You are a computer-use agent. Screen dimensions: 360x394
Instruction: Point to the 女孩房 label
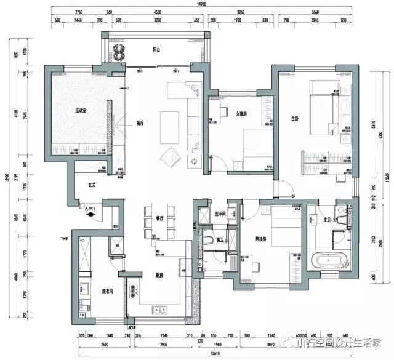coord(241,114)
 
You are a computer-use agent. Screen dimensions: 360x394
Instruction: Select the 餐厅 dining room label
coord(159,217)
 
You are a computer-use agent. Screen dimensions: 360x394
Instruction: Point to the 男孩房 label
coord(270,239)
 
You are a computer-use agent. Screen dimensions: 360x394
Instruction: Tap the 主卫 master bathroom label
coord(312,219)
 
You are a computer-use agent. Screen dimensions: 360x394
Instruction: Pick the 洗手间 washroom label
coord(221,214)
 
